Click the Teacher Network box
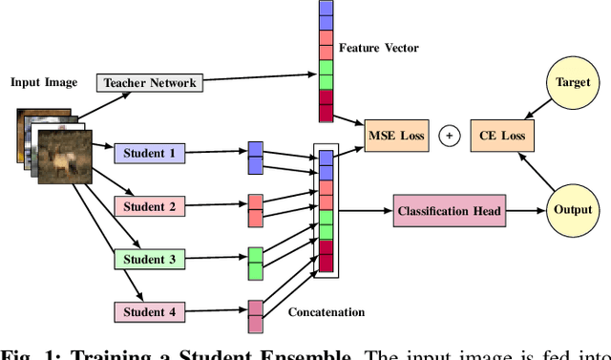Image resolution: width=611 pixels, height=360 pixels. (150, 83)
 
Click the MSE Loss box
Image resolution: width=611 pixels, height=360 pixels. (396, 136)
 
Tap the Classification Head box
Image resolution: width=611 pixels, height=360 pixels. (446, 210)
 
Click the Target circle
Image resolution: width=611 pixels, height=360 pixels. (573, 83)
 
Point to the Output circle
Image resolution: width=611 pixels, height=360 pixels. (573, 210)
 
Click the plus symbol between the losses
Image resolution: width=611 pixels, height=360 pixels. (448, 136)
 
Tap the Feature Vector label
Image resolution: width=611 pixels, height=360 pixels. (378, 47)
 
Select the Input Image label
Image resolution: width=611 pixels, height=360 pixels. (44, 82)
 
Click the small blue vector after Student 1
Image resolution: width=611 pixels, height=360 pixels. (255, 158)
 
